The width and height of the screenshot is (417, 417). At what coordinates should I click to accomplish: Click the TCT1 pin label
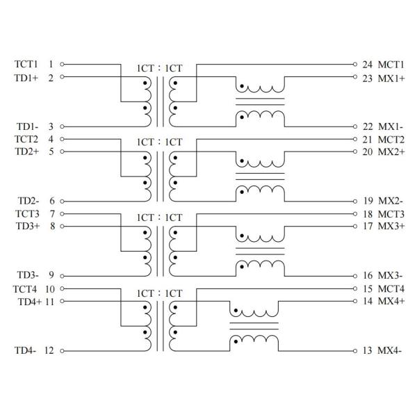tap(26, 63)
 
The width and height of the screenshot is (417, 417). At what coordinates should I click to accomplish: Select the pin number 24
tap(368, 63)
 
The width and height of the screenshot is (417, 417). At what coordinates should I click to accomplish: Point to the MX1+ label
tap(391, 77)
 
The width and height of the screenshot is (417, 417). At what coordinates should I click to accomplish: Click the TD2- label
tap(26, 201)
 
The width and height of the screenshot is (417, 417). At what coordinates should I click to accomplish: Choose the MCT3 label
tap(391, 213)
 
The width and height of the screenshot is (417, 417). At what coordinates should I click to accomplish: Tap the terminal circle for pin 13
tap(355, 351)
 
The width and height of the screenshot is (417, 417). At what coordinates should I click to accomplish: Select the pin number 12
tap(49, 351)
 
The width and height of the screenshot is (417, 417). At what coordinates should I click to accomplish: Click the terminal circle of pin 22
tap(355, 126)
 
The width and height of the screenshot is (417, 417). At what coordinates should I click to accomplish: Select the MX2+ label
tap(391, 152)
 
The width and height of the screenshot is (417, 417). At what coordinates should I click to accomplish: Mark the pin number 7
tap(52, 213)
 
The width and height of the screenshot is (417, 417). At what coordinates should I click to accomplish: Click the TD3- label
tap(26, 276)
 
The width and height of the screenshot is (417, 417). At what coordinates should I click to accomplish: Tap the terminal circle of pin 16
tap(355, 276)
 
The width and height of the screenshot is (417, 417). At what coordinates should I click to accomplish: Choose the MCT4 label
tap(391, 288)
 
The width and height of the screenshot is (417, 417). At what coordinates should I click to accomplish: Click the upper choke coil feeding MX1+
tap(260, 88)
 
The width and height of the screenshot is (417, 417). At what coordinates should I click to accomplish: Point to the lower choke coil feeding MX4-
tap(254, 341)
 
